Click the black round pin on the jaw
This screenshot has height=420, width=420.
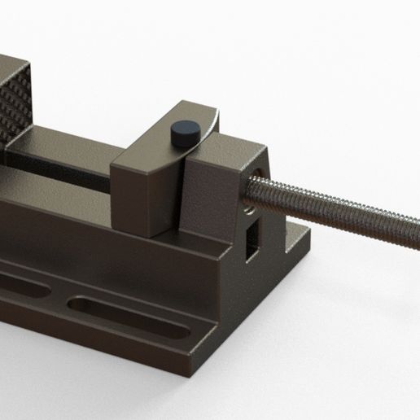[x=186, y=132]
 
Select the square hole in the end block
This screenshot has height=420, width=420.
[x=253, y=234]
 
